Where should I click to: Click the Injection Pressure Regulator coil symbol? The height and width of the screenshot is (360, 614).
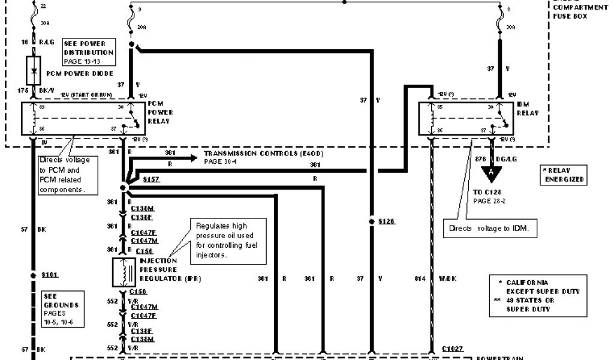(125, 272)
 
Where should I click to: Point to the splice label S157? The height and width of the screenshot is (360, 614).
(152, 179)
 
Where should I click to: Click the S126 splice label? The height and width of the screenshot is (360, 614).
(387, 221)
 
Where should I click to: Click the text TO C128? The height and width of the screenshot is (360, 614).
(486, 192)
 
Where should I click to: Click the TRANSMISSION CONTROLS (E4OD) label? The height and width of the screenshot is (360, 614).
(264, 154)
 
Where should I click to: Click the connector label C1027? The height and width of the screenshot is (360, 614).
(453, 348)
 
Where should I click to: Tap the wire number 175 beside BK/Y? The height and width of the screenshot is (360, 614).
(23, 89)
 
